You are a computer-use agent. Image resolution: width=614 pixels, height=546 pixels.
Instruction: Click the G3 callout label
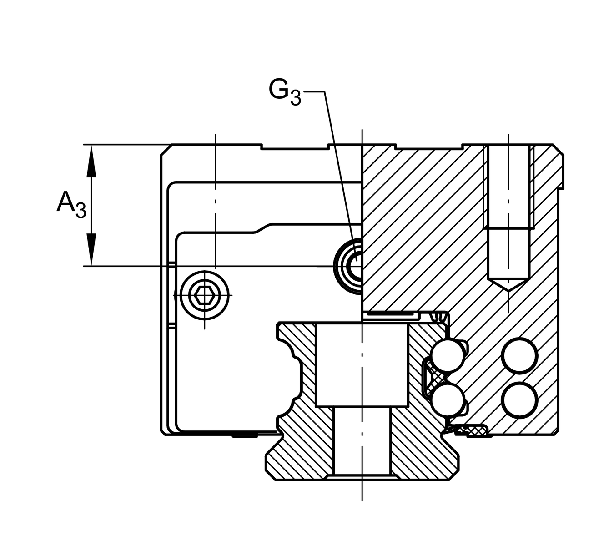[x=285, y=91]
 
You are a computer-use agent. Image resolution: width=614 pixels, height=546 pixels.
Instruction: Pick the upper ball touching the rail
[x=448, y=355]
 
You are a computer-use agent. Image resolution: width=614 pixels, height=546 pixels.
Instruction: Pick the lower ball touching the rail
[x=448, y=399]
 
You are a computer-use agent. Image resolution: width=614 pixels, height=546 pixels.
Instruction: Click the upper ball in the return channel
[x=519, y=355]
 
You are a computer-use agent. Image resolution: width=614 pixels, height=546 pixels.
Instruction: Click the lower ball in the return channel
[x=519, y=399]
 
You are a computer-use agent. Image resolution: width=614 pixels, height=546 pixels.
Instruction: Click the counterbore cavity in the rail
[x=362, y=364]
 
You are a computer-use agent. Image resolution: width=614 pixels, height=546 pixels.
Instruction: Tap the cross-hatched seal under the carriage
[x=473, y=430]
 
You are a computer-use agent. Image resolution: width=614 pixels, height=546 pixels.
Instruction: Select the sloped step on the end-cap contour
[x=263, y=227]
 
